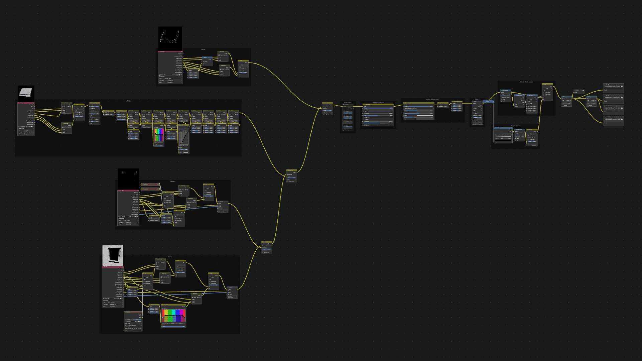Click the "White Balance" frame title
pos(378,102)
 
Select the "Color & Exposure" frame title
pos(432,99)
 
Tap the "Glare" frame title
pos(477,99)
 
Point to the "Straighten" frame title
pos(348,102)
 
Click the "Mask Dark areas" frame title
pos(526,82)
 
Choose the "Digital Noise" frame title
pos(515,126)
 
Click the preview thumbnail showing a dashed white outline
pos(170,38)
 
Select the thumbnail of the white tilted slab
pos(26,93)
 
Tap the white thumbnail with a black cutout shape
pos(113,255)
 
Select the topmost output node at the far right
pos(613,88)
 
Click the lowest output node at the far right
pos(613,120)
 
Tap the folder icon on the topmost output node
pos(622,86)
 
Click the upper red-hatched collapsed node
pos(150,184)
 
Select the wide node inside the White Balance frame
pos(378,115)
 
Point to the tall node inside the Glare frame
pos(477,112)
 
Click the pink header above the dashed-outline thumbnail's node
pos(170,51)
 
